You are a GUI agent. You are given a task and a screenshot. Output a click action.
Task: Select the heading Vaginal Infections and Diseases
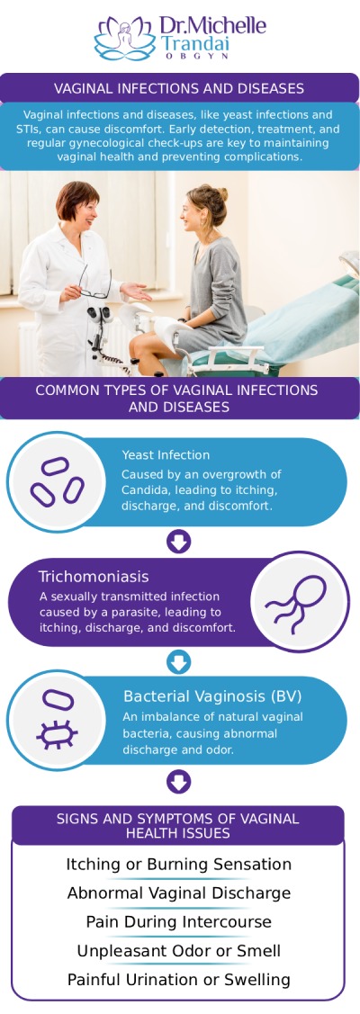click(x=179, y=88)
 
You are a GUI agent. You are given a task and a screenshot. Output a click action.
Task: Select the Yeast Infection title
click(x=166, y=455)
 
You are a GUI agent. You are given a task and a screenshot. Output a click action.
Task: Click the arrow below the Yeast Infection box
click(x=179, y=541)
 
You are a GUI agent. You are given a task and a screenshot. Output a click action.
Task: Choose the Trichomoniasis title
click(x=94, y=576)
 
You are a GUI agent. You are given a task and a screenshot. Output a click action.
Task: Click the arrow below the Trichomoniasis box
click(x=179, y=662)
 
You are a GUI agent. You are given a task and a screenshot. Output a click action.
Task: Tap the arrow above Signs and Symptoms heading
click(x=179, y=781)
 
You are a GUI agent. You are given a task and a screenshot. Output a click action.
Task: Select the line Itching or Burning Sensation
click(x=179, y=865)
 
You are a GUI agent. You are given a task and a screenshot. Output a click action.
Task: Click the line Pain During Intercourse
click(x=179, y=922)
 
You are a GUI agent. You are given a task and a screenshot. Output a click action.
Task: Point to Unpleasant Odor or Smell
click(x=179, y=951)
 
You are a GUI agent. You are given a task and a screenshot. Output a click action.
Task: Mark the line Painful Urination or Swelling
click(x=179, y=980)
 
